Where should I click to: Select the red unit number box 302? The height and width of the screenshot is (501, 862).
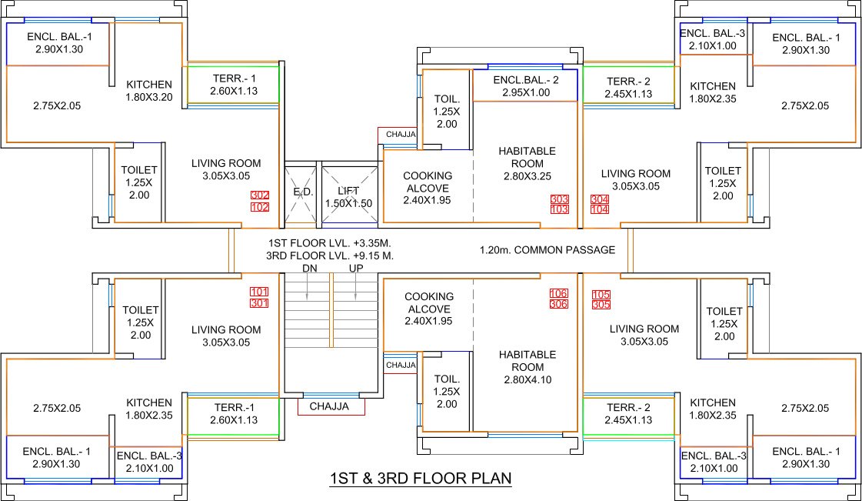[x=259, y=195]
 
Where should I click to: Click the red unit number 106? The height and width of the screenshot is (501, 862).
[x=559, y=293]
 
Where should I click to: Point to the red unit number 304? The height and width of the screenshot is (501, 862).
[x=601, y=199]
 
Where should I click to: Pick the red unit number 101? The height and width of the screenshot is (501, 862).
[x=259, y=292]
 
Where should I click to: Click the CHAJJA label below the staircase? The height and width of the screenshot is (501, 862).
[x=330, y=406]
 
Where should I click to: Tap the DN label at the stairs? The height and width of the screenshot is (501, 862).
[x=309, y=268]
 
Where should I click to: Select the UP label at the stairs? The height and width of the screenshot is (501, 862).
[x=356, y=268]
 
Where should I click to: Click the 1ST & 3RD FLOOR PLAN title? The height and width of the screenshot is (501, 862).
[x=421, y=479]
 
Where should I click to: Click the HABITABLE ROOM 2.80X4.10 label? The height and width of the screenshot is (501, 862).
[x=527, y=367]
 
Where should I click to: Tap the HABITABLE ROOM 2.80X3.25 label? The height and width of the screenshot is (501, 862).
[x=527, y=163]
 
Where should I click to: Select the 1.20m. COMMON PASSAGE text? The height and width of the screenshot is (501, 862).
[x=547, y=250]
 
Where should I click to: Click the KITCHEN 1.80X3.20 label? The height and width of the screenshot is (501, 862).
[x=149, y=91]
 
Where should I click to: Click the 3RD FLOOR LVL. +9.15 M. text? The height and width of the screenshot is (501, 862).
[x=330, y=255]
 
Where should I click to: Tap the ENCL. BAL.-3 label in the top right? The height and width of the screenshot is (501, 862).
[x=713, y=39]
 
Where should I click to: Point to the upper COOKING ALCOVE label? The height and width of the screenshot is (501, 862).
[x=428, y=188]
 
